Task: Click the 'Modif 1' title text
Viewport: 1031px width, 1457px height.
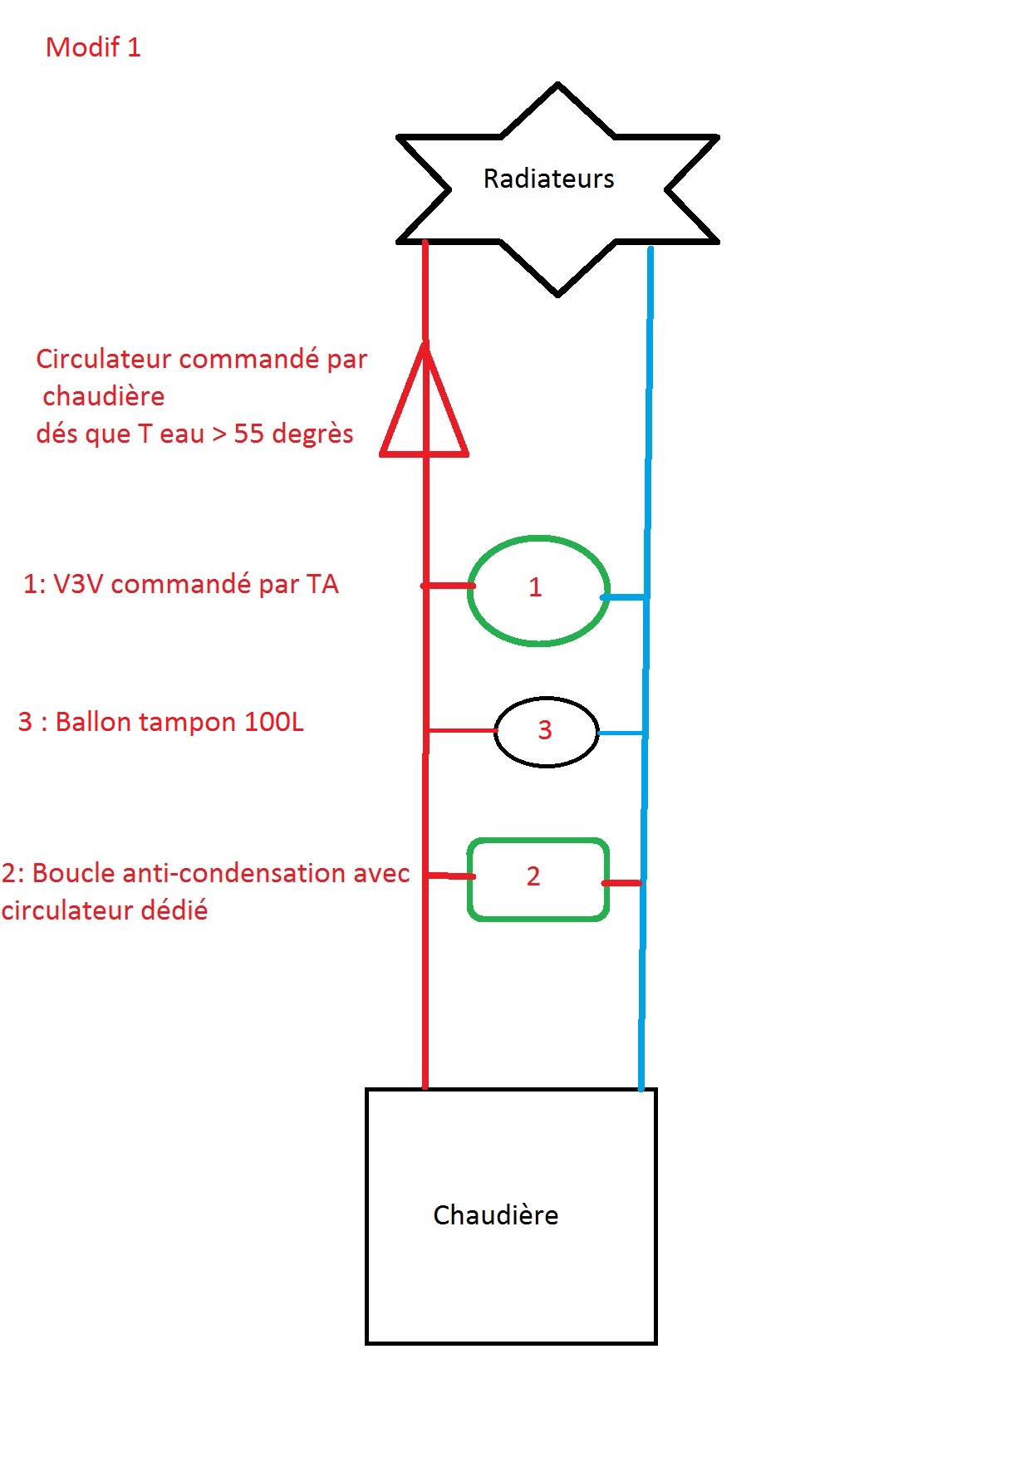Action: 93,47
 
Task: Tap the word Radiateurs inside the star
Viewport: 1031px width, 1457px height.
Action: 548,179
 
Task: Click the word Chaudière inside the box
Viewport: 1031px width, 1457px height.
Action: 496,1215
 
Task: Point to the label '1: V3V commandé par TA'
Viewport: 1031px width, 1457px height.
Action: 181,584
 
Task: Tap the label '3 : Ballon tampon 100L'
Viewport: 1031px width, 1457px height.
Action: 161,722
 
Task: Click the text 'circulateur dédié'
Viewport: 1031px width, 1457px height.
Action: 105,910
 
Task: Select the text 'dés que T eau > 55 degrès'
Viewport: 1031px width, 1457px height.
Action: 194,434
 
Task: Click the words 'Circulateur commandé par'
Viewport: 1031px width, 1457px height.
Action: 201,359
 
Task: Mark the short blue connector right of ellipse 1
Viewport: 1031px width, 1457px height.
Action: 623,596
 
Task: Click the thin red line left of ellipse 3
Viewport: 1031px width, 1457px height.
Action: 461,731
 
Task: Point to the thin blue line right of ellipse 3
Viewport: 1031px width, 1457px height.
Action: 621,733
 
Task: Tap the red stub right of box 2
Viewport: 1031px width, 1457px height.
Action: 621,883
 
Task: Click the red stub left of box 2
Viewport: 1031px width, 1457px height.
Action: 450,876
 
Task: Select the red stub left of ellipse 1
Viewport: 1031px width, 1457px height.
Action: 448,586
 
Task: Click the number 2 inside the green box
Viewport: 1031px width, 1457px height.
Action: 533,876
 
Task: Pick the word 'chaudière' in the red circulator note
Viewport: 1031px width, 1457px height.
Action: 104,396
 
